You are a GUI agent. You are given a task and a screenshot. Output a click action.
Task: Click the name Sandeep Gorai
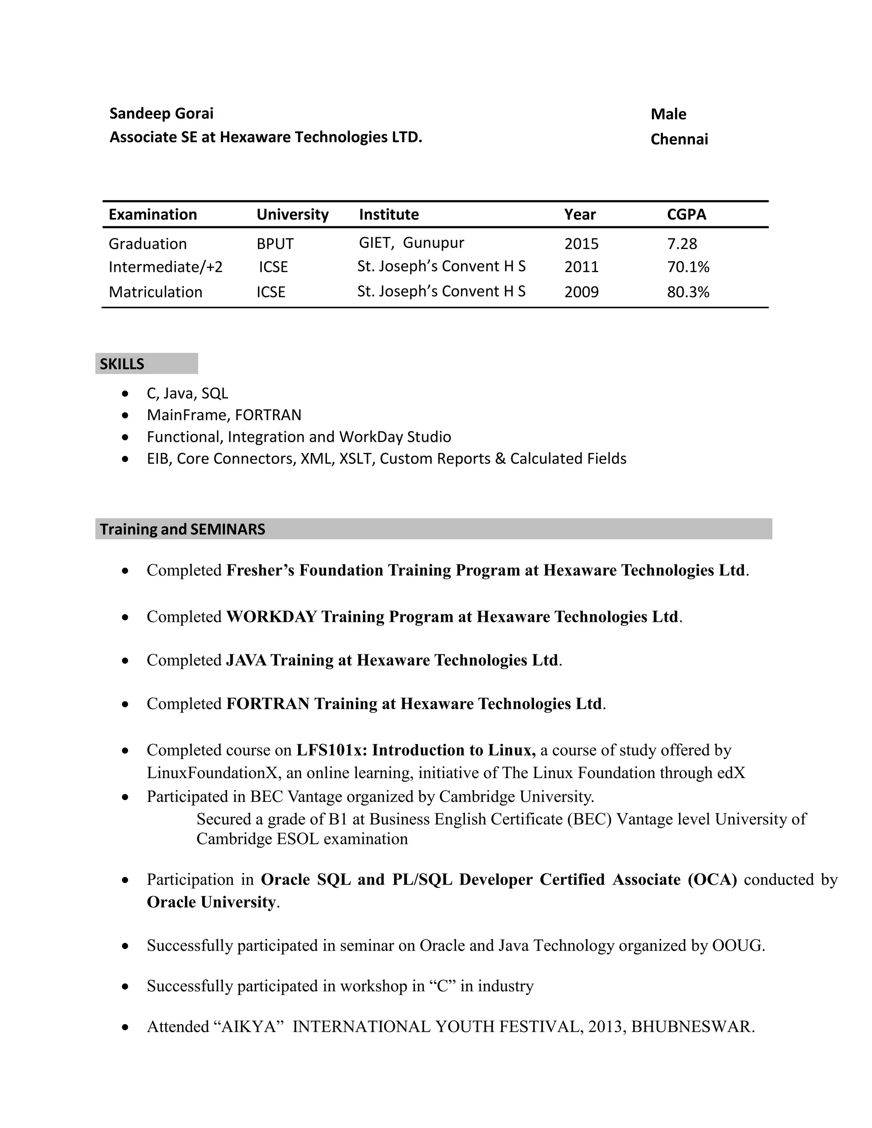(x=161, y=114)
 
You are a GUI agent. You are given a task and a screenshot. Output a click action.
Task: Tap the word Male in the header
(x=668, y=114)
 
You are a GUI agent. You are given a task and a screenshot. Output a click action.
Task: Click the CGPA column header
(x=686, y=215)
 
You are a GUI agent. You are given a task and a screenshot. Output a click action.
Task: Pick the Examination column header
(x=152, y=215)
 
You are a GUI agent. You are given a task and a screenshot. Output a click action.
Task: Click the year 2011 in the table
(x=581, y=267)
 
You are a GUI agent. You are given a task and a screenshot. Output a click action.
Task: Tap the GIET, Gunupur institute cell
(x=411, y=243)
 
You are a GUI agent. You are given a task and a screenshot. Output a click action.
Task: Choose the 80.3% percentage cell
(x=688, y=292)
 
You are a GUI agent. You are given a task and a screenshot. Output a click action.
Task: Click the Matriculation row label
(x=155, y=292)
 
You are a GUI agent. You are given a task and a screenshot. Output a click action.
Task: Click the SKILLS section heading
(x=122, y=364)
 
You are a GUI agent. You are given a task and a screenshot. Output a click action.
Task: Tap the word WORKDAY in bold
(x=271, y=617)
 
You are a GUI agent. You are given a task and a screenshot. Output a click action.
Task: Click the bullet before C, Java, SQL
(x=125, y=394)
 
